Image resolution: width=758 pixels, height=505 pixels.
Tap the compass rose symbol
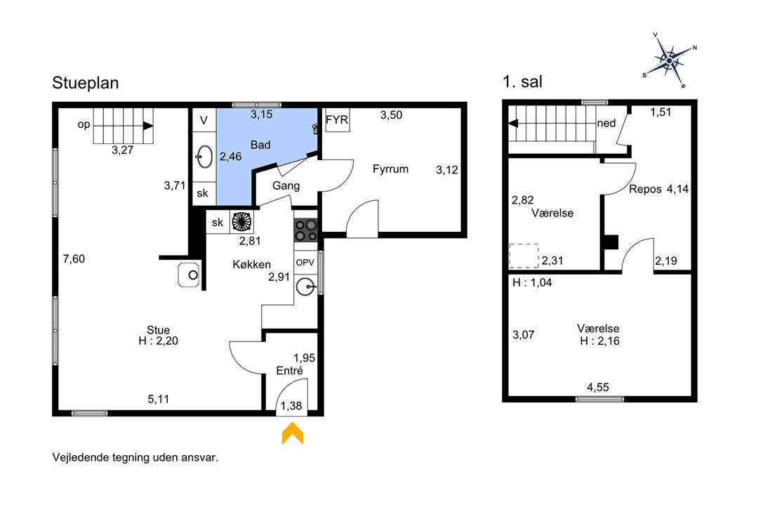[670, 60]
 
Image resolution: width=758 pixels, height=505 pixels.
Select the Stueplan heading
[86, 83]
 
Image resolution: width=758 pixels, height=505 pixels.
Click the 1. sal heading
[522, 81]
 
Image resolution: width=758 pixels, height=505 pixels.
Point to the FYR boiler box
[337, 119]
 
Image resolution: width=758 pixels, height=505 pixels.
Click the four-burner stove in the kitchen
[305, 230]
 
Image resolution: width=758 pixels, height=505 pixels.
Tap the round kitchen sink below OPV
[305, 287]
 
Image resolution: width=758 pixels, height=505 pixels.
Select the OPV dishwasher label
[305, 263]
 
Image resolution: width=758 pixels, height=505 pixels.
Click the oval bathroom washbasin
[204, 157]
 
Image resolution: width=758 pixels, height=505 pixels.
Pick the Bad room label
[260, 145]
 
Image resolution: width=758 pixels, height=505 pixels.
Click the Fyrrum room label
[390, 169]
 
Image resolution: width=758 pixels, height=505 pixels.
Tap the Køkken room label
[251, 264]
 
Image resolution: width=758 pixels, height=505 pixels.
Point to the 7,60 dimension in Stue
[74, 258]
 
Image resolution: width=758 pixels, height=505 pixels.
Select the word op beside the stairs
[84, 125]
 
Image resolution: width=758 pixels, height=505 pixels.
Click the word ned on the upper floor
[606, 123]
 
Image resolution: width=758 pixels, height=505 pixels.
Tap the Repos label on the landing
[646, 189]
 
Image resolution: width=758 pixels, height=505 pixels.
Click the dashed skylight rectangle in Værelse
[524, 256]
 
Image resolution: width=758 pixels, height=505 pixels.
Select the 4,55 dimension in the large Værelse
[597, 387]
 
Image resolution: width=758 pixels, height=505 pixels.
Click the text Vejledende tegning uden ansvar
[135, 457]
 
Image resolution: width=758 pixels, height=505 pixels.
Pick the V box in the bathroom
[204, 120]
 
